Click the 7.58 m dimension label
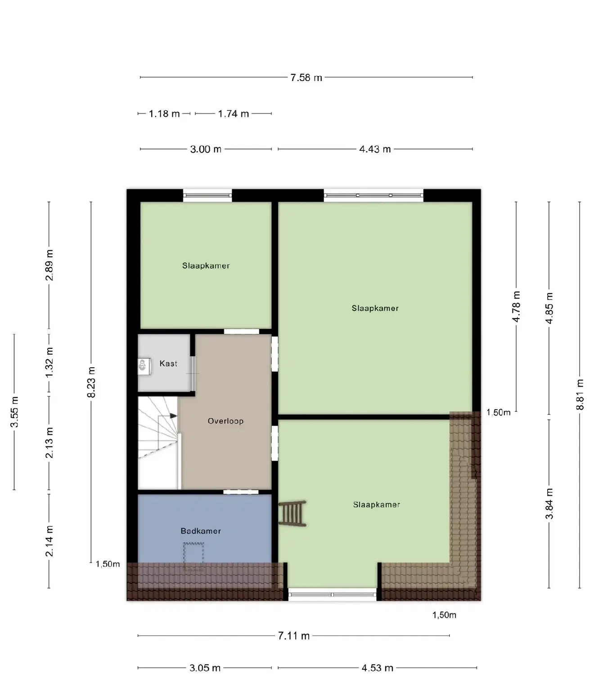[x=306, y=78]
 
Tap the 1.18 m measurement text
[x=164, y=114]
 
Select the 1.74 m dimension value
[x=233, y=114]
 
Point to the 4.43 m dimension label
[x=375, y=149]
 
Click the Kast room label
[x=168, y=364]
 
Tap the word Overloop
[x=225, y=421]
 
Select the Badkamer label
[x=201, y=531]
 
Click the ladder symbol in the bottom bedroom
[x=292, y=514]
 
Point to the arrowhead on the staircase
[x=174, y=415]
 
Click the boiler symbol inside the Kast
[x=143, y=365]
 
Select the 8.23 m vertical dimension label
[x=91, y=382]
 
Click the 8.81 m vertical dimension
[x=580, y=394]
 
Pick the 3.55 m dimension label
[x=14, y=412]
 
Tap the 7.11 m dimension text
[x=294, y=636]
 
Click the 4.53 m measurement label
[x=378, y=668]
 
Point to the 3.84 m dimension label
[x=549, y=503]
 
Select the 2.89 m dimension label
[x=49, y=265]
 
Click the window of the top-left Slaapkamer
[x=207, y=196]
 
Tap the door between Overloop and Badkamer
[x=241, y=492]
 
